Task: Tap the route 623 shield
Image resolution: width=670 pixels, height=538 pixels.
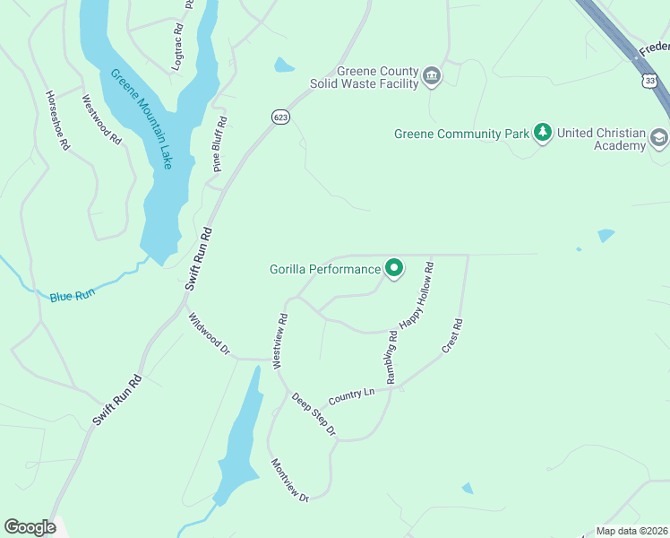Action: pos(280,117)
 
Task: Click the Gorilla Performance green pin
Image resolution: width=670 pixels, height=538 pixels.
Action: pos(393,268)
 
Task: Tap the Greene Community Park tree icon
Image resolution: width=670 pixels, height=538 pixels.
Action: pos(542,134)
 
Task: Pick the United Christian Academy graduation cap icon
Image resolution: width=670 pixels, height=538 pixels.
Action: pos(659,138)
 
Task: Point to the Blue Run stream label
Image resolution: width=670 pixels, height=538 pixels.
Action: pos(73,295)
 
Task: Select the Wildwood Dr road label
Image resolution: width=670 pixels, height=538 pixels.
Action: pos(210,334)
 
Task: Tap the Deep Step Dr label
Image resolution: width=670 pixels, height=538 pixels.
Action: pos(313,414)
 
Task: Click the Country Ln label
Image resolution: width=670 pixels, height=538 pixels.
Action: pos(351,395)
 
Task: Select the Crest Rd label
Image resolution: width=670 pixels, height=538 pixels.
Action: pos(451,336)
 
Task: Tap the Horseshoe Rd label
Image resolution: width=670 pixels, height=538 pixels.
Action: pos(57,119)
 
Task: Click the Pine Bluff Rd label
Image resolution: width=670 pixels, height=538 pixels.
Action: pos(218,143)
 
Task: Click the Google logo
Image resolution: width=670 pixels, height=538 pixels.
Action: pos(30,527)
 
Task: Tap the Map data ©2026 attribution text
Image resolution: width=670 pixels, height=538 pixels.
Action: pos(631,531)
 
